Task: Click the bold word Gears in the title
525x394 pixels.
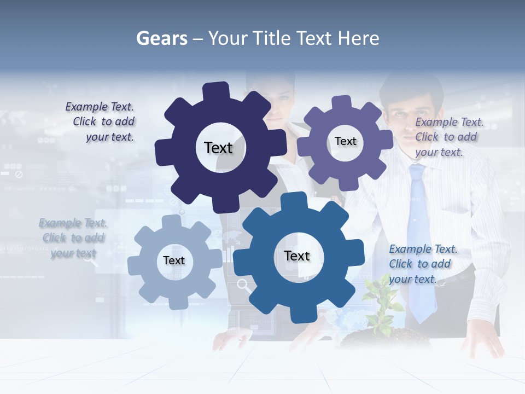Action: pyautogui.click(x=161, y=38)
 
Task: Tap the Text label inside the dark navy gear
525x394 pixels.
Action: pyautogui.click(x=218, y=148)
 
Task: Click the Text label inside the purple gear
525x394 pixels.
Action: pyautogui.click(x=345, y=141)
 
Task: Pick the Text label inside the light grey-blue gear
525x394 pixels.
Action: pyautogui.click(x=174, y=260)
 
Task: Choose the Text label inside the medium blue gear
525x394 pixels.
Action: pyautogui.click(x=297, y=256)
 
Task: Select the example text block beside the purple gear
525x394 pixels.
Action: pyautogui.click(x=448, y=137)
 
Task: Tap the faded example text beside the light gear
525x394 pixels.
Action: pyautogui.click(x=73, y=238)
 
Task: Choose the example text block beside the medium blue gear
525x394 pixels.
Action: pyautogui.click(x=422, y=264)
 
